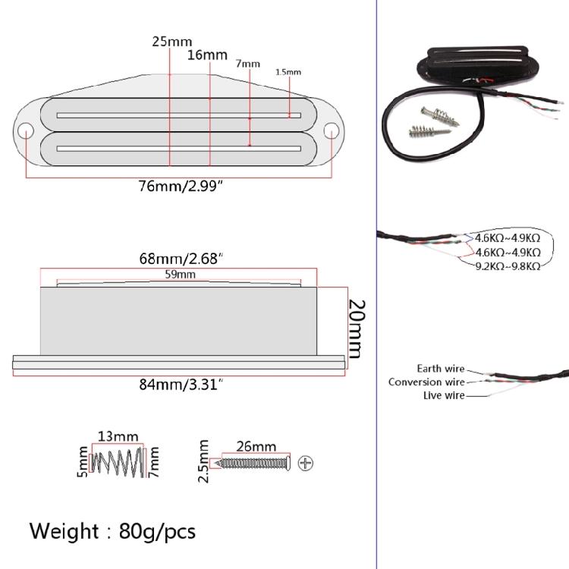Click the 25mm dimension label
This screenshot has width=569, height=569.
[172, 41]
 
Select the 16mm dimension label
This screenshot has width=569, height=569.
[207, 55]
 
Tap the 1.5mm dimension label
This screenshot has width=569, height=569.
[288, 72]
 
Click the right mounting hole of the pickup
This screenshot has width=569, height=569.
[332, 130]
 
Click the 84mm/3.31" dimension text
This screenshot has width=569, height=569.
[182, 385]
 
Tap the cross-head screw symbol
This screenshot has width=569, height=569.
[306, 462]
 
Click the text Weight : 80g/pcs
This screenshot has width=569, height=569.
[112, 530]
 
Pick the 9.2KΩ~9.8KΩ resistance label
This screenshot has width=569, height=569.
[508, 266]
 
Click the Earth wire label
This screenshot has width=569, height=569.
[440, 369]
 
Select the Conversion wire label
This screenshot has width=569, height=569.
[426, 382]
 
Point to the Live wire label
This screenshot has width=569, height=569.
[444, 395]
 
